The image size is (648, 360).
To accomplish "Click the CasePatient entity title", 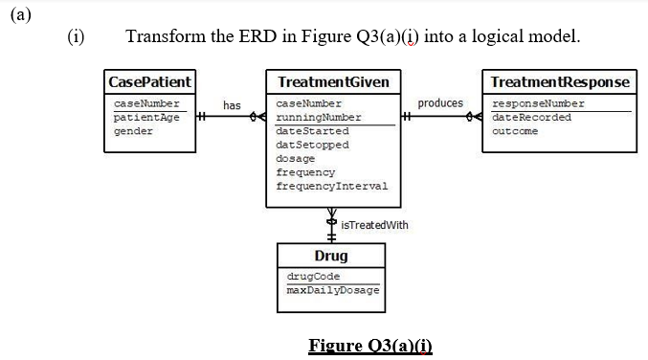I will click(150, 81).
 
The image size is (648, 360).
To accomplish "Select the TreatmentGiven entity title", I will click(332, 81).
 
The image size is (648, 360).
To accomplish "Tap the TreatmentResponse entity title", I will click(560, 81).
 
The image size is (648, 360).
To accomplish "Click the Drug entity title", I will click(331, 256).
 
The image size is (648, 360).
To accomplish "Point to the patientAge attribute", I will click(146, 117).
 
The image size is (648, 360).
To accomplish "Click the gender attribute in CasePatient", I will click(133, 130).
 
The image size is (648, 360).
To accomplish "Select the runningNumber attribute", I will click(318, 117).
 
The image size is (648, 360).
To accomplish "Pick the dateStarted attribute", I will click(312, 130).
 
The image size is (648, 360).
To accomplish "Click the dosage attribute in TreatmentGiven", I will click(295, 158).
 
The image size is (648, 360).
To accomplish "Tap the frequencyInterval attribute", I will click(331, 186).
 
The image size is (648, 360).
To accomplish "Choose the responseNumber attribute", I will click(538, 103).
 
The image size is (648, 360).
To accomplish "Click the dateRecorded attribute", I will click(531, 117).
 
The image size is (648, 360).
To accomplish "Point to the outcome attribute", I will click(515, 130).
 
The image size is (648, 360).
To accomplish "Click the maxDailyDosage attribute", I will click(333, 289).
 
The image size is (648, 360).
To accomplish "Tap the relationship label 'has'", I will click(232, 104).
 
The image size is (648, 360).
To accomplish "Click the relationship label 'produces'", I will click(440, 103).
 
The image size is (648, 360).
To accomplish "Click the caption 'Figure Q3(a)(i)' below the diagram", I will click(370, 345).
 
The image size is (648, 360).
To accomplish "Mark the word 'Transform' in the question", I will click(165, 36).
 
